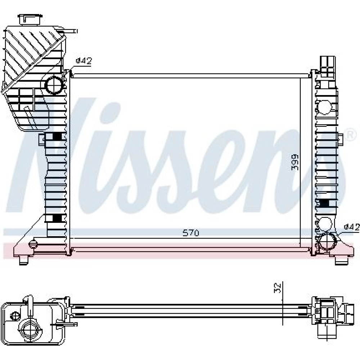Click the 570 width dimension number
(191, 233)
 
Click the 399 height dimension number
(295, 162)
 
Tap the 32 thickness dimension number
(278, 288)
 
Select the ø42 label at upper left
(84, 61)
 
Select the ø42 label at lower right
(352, 227)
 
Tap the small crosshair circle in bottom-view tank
(15, 315)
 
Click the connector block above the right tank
(328, 67)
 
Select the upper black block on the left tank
(57, 136)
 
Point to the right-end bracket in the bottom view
(329, 315)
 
